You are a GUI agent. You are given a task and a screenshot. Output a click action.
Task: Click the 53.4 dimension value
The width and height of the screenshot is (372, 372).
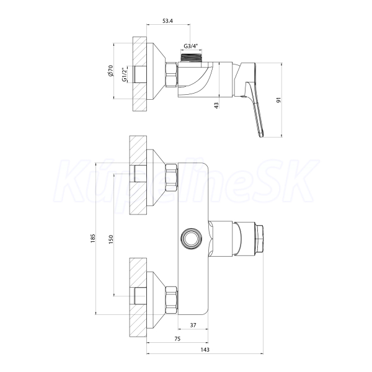[x=168, y=21]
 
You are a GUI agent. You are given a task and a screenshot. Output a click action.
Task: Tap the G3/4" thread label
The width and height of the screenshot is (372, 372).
[x=191, y=46]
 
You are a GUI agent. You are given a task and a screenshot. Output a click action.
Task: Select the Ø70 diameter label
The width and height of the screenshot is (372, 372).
[x=111, y=71]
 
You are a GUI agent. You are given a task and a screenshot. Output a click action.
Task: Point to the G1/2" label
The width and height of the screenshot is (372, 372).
[x=125, y=74]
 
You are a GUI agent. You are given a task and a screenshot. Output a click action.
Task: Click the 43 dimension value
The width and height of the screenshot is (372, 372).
[x=216, y=105]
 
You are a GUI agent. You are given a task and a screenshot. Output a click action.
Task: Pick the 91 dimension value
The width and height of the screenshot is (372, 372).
[x=279, y=100]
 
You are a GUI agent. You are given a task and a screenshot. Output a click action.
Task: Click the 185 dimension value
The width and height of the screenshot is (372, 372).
[x=93, y=238]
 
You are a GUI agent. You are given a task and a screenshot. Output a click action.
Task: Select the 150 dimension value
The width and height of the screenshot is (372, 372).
[x=111, y=239]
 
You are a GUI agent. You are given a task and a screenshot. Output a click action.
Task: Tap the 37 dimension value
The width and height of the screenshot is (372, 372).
[x=193, y=325]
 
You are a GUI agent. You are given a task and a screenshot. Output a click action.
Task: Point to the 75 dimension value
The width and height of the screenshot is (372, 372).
[x=177, y=339]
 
